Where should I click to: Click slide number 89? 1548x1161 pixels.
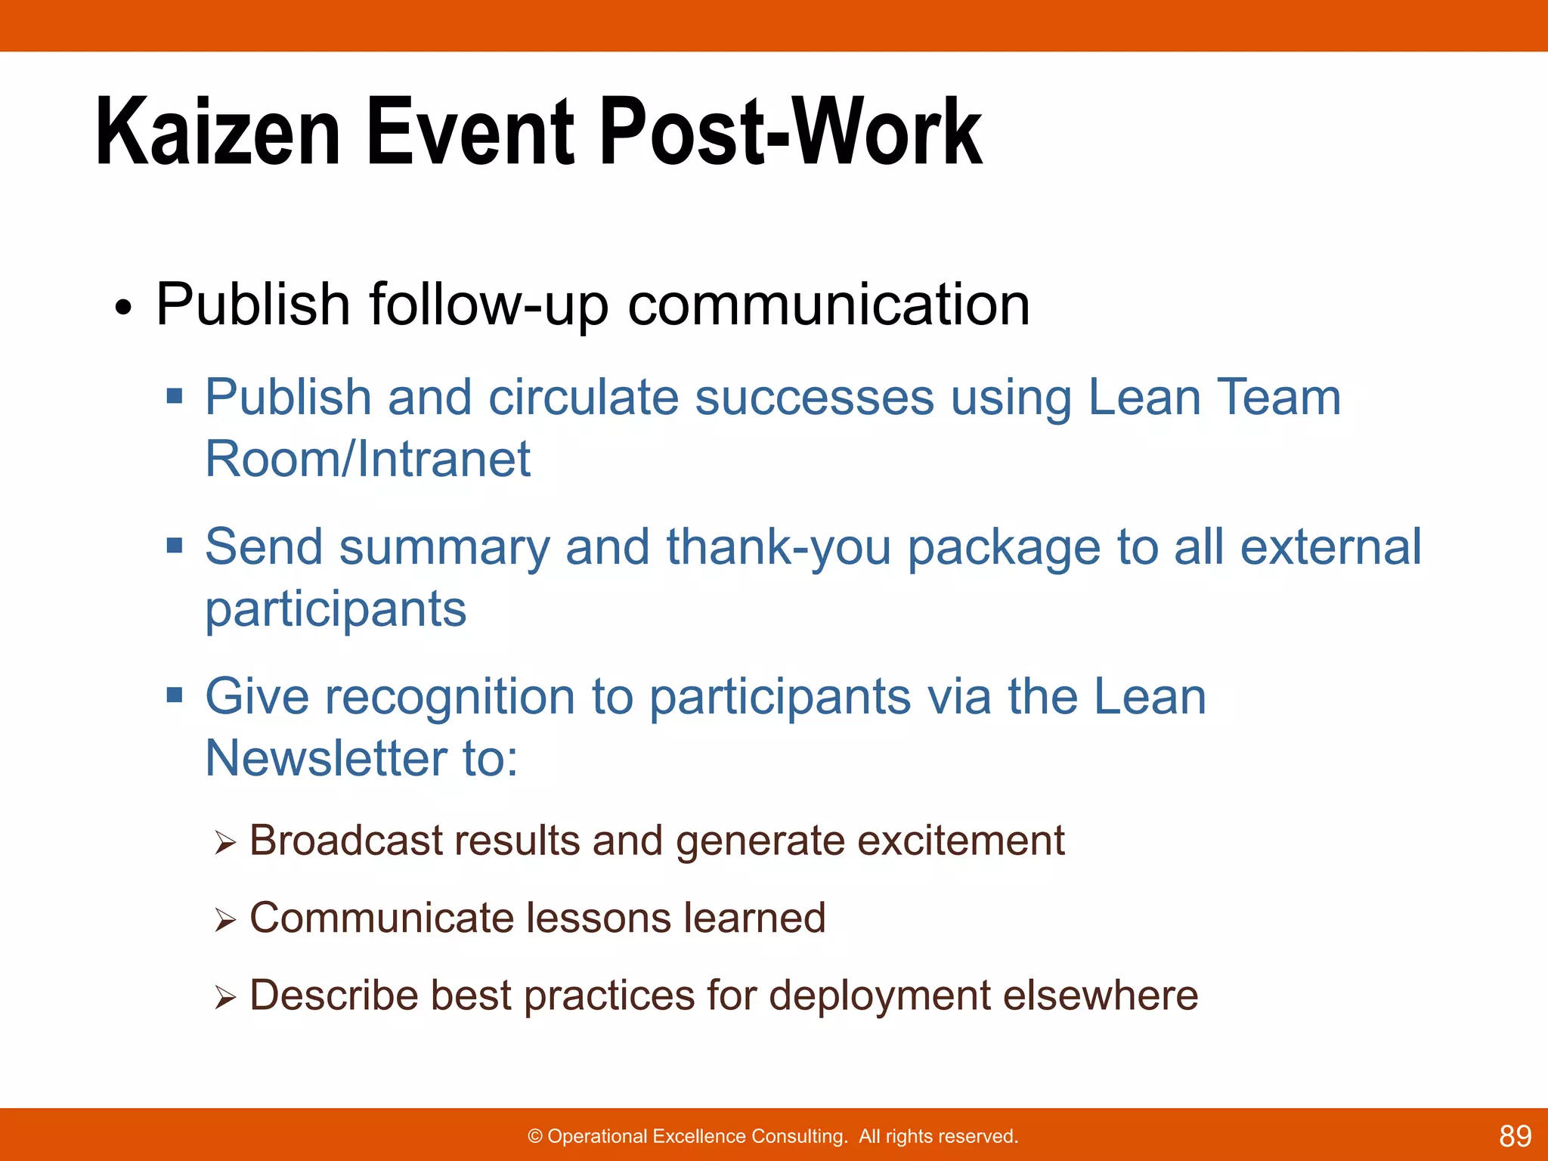pos(1515,1136)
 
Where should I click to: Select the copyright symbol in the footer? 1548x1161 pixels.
pos(535,1137)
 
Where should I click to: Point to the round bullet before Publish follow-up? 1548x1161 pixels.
pos(123,308)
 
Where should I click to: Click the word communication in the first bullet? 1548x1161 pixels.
pos(828,304)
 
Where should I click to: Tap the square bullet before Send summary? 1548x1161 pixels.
pos(175,545)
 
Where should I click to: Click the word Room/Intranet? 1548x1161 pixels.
pos(368,459)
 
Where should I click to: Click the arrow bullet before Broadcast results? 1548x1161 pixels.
pos(224,842)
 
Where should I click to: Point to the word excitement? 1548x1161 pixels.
pos(961,841)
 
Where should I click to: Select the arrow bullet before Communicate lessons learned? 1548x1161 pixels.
pos(224,920)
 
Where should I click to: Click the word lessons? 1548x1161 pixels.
pos(598,918)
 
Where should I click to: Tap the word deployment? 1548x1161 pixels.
pos(879,995)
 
